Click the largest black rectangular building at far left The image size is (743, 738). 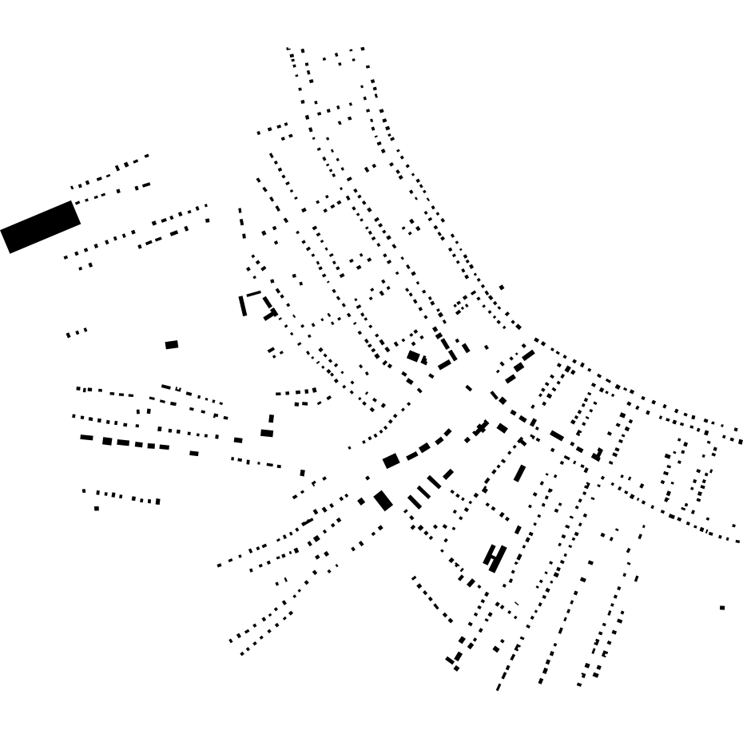[41, 227]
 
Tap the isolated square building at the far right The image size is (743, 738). [722, 608]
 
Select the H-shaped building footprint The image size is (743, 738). [495, 557]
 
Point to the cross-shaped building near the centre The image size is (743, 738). [480, 429]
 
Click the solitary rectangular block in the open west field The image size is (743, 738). [172, 345]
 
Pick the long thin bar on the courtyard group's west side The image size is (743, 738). [242, 306]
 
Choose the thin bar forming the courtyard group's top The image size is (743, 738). [254, 294]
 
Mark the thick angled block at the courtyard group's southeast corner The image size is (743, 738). [271, 314]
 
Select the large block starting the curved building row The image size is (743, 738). [391, 461]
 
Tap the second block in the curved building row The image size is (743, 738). [411, 455]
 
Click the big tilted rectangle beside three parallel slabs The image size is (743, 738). [383, 500]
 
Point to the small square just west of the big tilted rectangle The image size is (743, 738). [362, 502]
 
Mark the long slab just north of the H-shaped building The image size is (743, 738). [520, 473]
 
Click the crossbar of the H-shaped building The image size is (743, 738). [495, 557]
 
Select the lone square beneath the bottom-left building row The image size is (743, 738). [97, 508]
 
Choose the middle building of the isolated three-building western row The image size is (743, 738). [77, 332]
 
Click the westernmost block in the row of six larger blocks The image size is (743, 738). [86, 438]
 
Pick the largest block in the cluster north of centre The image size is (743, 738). [413, 356]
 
